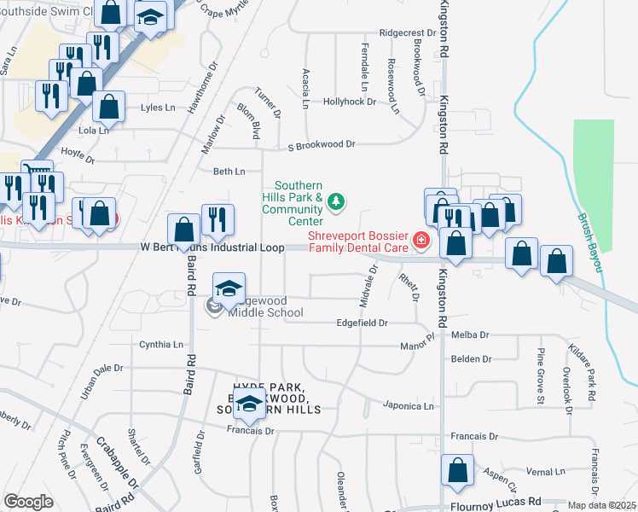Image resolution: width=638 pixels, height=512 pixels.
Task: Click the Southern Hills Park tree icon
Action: tap(337, 201)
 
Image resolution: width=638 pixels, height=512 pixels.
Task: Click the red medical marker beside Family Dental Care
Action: tap(420, 241)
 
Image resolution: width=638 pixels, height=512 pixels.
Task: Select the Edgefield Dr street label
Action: tap(362, 323)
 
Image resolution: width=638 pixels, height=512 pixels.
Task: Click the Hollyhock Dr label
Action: tap(350, 102)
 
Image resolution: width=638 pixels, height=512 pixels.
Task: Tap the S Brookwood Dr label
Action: tap(321, 144)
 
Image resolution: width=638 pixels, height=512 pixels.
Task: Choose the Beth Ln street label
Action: tap(229, 172)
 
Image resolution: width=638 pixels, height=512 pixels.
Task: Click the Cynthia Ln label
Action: tap(161, 345)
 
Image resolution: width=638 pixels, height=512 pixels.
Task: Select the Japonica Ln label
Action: tap(409, 406)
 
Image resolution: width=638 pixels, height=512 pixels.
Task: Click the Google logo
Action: tap(28, 501)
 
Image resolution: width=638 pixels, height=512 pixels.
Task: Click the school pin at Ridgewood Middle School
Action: tap(229, 290)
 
